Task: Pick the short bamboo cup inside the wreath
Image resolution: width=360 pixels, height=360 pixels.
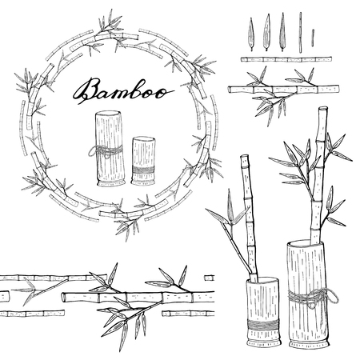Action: coord(143,160)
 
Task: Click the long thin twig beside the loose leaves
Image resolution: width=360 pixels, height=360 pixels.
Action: coord(300,33)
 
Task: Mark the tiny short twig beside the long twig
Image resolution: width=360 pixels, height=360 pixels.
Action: coord(313,36)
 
